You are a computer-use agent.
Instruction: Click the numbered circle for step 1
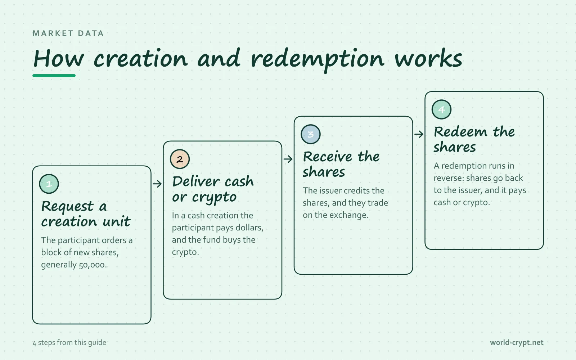[49, 184]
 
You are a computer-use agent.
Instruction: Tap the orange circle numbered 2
[180, 159]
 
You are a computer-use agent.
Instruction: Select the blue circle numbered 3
[311, 134]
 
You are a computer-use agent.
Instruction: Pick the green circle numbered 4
[441, 109]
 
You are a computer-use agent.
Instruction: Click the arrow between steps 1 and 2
[157, 184]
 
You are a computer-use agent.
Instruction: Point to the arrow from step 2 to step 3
[288, 159]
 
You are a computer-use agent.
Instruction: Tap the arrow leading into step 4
[419, 134]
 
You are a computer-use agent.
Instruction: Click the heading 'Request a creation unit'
[86, 214]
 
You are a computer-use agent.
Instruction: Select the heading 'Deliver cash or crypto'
[213, 189]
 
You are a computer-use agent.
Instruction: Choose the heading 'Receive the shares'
[341, 164]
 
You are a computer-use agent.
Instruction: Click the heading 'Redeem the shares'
[474, 139]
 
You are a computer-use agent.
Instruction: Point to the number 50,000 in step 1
[92, 265]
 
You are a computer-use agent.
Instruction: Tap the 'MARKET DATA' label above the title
[68, 33]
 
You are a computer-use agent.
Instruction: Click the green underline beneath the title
[54, 76]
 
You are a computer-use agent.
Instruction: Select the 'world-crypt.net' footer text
[517, 342]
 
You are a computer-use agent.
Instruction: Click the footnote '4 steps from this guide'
[69, 342]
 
